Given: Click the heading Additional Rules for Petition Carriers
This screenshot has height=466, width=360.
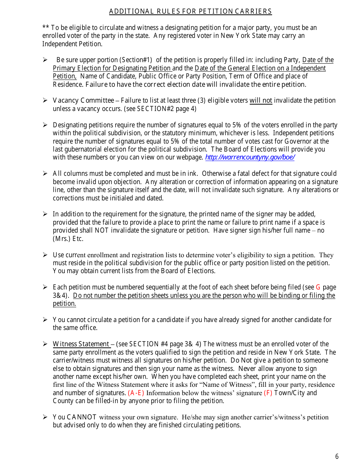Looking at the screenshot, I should pos(190,11).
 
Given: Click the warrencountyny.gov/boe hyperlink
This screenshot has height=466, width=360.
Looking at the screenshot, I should pos(250,157).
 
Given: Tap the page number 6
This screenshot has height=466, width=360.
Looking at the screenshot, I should pos(337,457).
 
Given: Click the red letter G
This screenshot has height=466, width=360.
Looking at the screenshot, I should pos(318,287).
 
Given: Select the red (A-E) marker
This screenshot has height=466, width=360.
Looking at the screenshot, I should pos(136,393).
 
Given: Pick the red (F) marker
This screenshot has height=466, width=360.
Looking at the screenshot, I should pos(268,393).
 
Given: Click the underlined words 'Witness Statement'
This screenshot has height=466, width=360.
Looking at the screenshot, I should pos(81,344).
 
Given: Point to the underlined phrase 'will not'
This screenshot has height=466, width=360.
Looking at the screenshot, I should pos(261,100).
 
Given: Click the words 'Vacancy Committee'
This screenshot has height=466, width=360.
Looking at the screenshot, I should pos(83,100).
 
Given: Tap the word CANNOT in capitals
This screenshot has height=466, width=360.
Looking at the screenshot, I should pos(81,417).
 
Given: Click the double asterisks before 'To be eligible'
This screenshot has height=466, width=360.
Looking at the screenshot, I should pos(45,28).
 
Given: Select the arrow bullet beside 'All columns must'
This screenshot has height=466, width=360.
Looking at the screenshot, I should pos(45,174).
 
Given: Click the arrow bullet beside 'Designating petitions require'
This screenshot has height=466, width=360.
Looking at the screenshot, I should pos(45,125).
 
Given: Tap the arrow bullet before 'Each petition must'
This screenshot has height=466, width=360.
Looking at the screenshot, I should pos(45,287).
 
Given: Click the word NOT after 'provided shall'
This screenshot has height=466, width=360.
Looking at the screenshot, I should pos(102,230).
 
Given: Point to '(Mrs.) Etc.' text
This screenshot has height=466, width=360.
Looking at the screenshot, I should pos(68,239).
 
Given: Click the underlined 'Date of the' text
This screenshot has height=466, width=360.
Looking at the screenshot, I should pos(318,60).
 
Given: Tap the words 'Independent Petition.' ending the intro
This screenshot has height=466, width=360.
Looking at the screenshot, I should pos(72,44).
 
